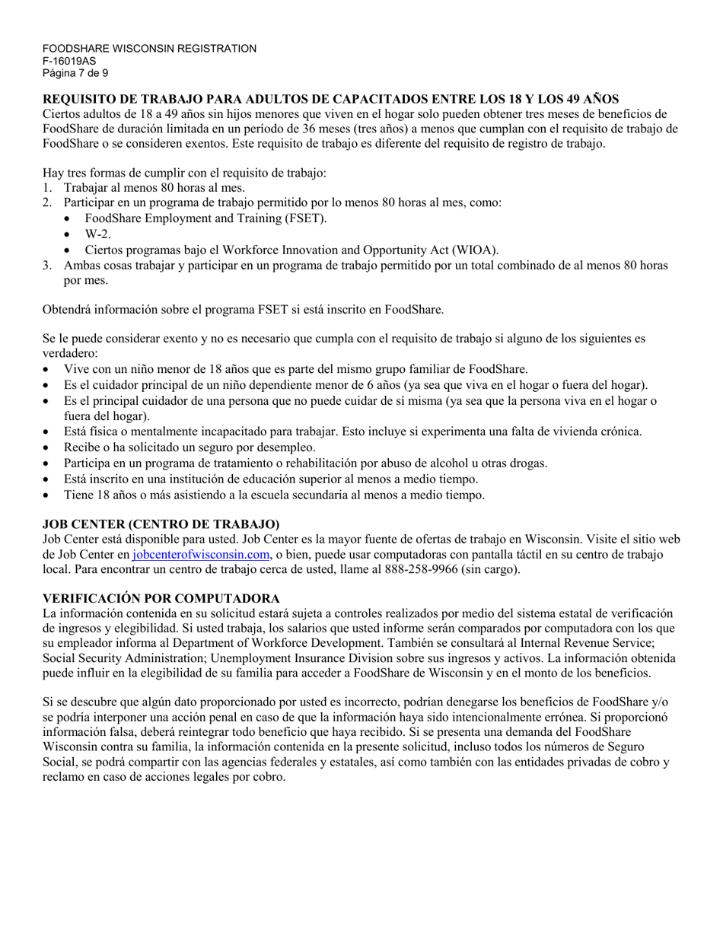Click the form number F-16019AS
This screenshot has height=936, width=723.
click(64, 61)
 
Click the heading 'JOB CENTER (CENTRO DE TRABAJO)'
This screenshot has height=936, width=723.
click(161, 524)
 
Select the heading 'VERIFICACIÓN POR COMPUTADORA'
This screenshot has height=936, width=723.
click(161, 598)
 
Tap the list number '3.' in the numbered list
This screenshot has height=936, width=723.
click(47, 266)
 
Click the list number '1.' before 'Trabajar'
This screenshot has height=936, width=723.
click(47, 187)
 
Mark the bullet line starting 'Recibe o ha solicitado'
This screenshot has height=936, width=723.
click(189, 447)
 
